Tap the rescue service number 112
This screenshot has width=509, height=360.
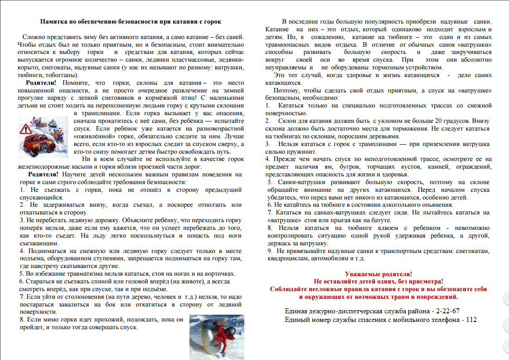(x=471, y=320)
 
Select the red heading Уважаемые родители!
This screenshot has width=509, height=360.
(x=378, y=274)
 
